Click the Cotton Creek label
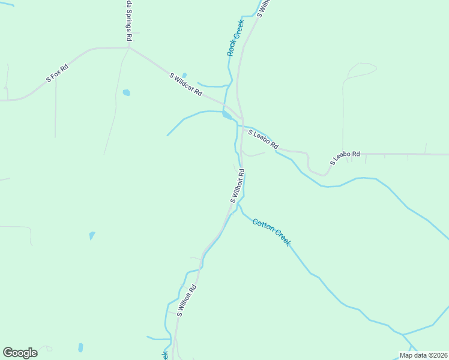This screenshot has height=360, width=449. [271, 232]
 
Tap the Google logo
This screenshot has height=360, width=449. [20, 353]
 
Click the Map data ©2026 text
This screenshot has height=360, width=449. [423, 355]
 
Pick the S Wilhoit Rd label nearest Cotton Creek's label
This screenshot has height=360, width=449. [237, 186]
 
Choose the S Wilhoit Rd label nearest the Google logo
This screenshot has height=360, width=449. [187, 302]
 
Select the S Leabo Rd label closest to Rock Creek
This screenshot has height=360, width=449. [263, 139]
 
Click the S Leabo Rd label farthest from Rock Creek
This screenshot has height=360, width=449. [344, 158]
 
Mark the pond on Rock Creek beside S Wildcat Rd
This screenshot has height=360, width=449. [227, 115]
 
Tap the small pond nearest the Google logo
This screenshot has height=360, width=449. [80, 347]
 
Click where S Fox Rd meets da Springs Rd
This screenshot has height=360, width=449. [130, 48]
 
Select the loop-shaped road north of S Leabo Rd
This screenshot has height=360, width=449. [360, 70]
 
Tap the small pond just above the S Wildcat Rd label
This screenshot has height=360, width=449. [184, 75]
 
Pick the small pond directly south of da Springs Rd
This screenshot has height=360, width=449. [126, 92]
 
